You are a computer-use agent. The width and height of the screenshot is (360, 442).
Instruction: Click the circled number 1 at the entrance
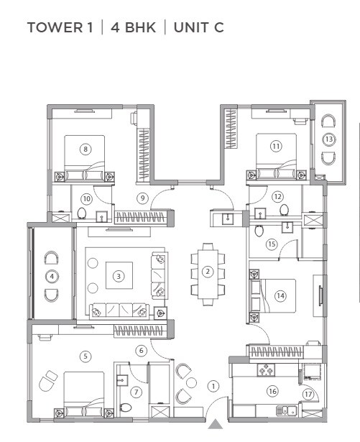coord(213,385)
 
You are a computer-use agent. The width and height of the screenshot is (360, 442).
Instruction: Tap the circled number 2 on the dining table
coord(207,272)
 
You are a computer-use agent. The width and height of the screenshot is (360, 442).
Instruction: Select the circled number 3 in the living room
coord(119,274)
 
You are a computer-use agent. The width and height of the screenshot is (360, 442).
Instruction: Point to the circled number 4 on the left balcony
coord(52,275)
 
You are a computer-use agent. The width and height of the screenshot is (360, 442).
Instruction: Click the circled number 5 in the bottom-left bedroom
coord(85,355)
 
